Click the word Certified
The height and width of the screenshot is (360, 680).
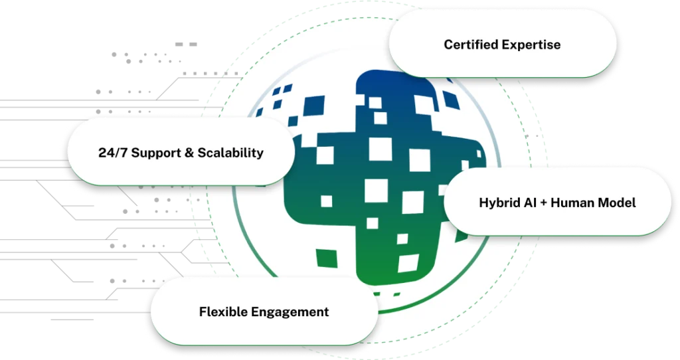469,45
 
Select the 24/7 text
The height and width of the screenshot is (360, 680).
110,153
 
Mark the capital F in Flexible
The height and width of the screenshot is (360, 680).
203,312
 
